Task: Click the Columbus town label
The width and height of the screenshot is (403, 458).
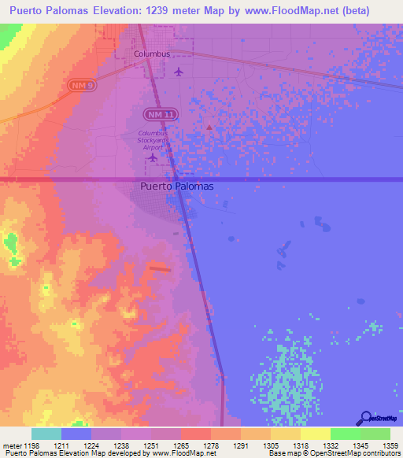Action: pyautogui.click(x=151, y=54)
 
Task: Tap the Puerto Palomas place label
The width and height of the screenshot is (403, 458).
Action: pyautogui.click(x=176, y=187)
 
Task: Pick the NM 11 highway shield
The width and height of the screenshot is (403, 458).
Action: pyautogui.click(x=158, y=116)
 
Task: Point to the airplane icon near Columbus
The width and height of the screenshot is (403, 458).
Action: pyautogui.click(x=179, y=72)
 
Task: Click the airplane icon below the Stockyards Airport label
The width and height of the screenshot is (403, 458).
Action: pyautogui.click(x=153, y=158)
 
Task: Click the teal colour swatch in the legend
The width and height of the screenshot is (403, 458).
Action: pyautogui.click(x=46, y=434)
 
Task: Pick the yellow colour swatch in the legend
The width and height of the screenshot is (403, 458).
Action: pyautogui.click(x=315, y=434)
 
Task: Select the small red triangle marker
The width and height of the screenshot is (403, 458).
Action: pyautogui.click(x=209, y=126)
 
